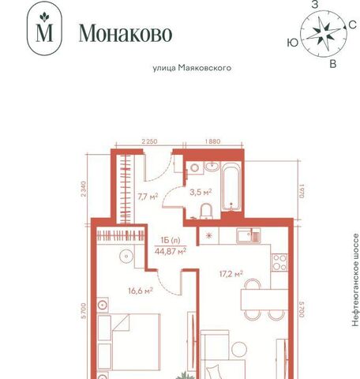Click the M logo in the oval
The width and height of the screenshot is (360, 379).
44,28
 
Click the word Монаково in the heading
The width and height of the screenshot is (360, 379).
126,33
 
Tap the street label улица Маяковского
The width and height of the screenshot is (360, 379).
192,68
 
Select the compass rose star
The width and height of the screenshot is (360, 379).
323,34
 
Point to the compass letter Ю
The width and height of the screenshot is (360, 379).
293,43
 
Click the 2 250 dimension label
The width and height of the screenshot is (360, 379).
149,141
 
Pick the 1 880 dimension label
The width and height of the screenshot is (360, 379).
212,141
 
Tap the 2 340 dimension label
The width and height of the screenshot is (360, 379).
84,189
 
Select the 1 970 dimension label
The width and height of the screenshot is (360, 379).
302,191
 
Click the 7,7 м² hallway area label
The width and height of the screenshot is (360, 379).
148,197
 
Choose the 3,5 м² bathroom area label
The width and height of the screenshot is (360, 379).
201,192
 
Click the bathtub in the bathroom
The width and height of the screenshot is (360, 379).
231,186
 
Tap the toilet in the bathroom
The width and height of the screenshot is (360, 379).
206,212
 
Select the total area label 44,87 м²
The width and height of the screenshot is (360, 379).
171,251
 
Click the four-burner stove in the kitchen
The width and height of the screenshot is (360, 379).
279,262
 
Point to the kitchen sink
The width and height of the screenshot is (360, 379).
248,235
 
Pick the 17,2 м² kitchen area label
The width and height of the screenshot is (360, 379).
231,274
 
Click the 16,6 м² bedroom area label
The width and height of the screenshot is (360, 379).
141,291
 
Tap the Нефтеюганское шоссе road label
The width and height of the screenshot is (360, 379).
355,280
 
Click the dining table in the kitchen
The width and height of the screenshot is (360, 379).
264,299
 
